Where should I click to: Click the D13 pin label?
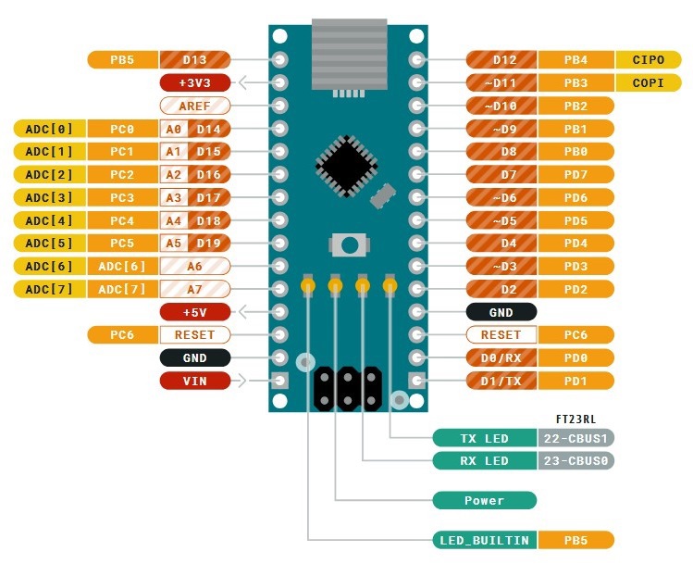pos(194,59)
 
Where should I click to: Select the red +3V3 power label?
pos(194,82)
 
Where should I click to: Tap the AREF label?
pos(194,106)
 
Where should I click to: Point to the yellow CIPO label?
pos(648,59)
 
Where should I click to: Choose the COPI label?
pos(648,82)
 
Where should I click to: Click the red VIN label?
pos(194,381)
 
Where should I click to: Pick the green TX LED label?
pos(484,438)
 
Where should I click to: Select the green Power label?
pos(484,500)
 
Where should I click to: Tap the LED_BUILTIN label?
pos(484,540)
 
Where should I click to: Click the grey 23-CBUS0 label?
pos(575,460)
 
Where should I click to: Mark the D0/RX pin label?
pos(501,357)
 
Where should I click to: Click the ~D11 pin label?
pos(501,82)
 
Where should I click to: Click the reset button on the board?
pos(349,245)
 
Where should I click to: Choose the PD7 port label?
pos(575,174)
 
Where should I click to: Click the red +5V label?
pos(194,312)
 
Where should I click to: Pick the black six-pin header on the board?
pos(349,388)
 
